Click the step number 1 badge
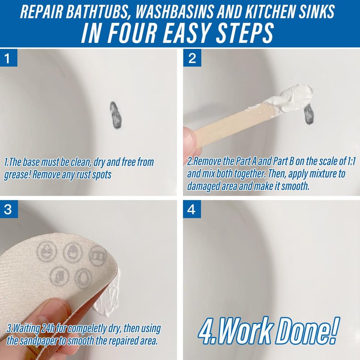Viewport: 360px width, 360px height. (x=8, y=58)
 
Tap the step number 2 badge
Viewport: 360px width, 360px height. (x=192, y=58)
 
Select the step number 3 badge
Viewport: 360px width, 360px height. (x=8, y=209)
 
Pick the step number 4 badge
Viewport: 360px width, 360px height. (x=192, y=209)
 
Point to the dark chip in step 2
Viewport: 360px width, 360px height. (x=309, y=114)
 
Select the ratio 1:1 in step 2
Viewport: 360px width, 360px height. (x=350, y=162)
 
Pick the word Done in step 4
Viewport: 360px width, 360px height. (x=305, y=331)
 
